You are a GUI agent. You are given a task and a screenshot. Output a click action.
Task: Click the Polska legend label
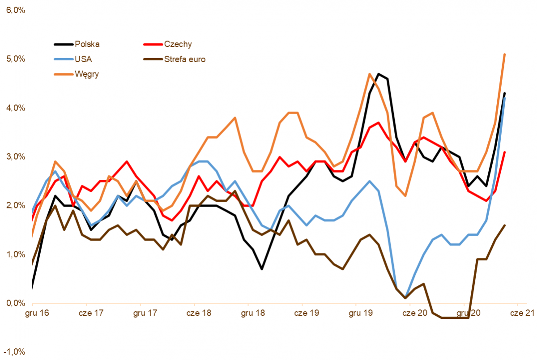pyautogui.click(x=87, y=44)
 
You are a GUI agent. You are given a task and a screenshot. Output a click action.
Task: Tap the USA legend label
pyautogui.click(x=84, y=59)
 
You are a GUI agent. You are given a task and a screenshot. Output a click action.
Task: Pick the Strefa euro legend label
pyautogui.click(x=185, y=59)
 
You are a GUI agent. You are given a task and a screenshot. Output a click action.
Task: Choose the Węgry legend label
pyautogui.click(x=87, y=74)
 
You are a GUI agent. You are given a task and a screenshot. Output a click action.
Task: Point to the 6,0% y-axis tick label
pyautogui.click(x=15, y=10)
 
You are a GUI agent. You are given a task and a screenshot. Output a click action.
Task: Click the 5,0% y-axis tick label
pyautogui.click(x=15, y=59)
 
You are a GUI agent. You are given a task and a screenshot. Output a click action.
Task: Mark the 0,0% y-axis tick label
pyautogui.click(x=15, y=303)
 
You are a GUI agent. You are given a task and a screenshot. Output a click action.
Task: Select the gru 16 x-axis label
pyautogui.click(x=38, y=313)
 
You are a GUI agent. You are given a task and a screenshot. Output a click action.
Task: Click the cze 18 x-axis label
pyautogui.click(x=200, y=313)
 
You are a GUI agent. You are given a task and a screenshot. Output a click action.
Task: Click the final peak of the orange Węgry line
pyautogui.click(x=505, y=54)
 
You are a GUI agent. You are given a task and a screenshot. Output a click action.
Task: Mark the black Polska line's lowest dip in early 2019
pyautogui.click(x=261, y=269)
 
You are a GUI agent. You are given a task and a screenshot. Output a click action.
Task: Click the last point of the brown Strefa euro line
pyautogui.click(x=505, y=225)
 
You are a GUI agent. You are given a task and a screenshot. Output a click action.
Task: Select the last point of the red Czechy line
pyautogui.click(x=505, y=152)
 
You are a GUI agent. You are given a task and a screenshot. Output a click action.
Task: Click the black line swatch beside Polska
pyautogui.click(x=63, y=44)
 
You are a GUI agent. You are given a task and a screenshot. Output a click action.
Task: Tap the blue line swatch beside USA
pyautogui.click(x=63, y=59)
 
